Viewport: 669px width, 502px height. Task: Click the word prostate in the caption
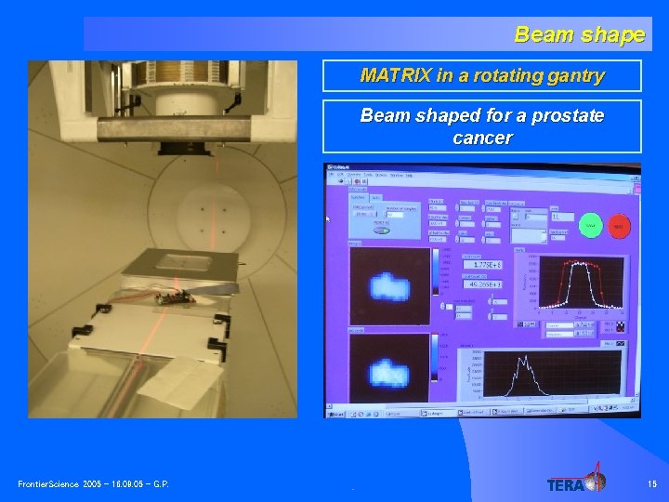pyautogui.click(x=565, y=116)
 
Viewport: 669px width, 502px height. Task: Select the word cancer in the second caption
pyautogui.click(x=482, y=138)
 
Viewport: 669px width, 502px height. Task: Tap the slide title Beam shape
pyautogui.click(x=579, y=35)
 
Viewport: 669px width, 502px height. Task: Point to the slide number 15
pyautogui.click(x=650, y=484)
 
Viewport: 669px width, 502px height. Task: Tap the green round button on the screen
pyautogui.click(x=589, y=225)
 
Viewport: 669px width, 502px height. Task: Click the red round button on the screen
pyautogui.click(x=619, y=225)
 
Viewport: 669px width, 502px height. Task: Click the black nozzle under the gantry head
pyautogui.click(x=177, y=147)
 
